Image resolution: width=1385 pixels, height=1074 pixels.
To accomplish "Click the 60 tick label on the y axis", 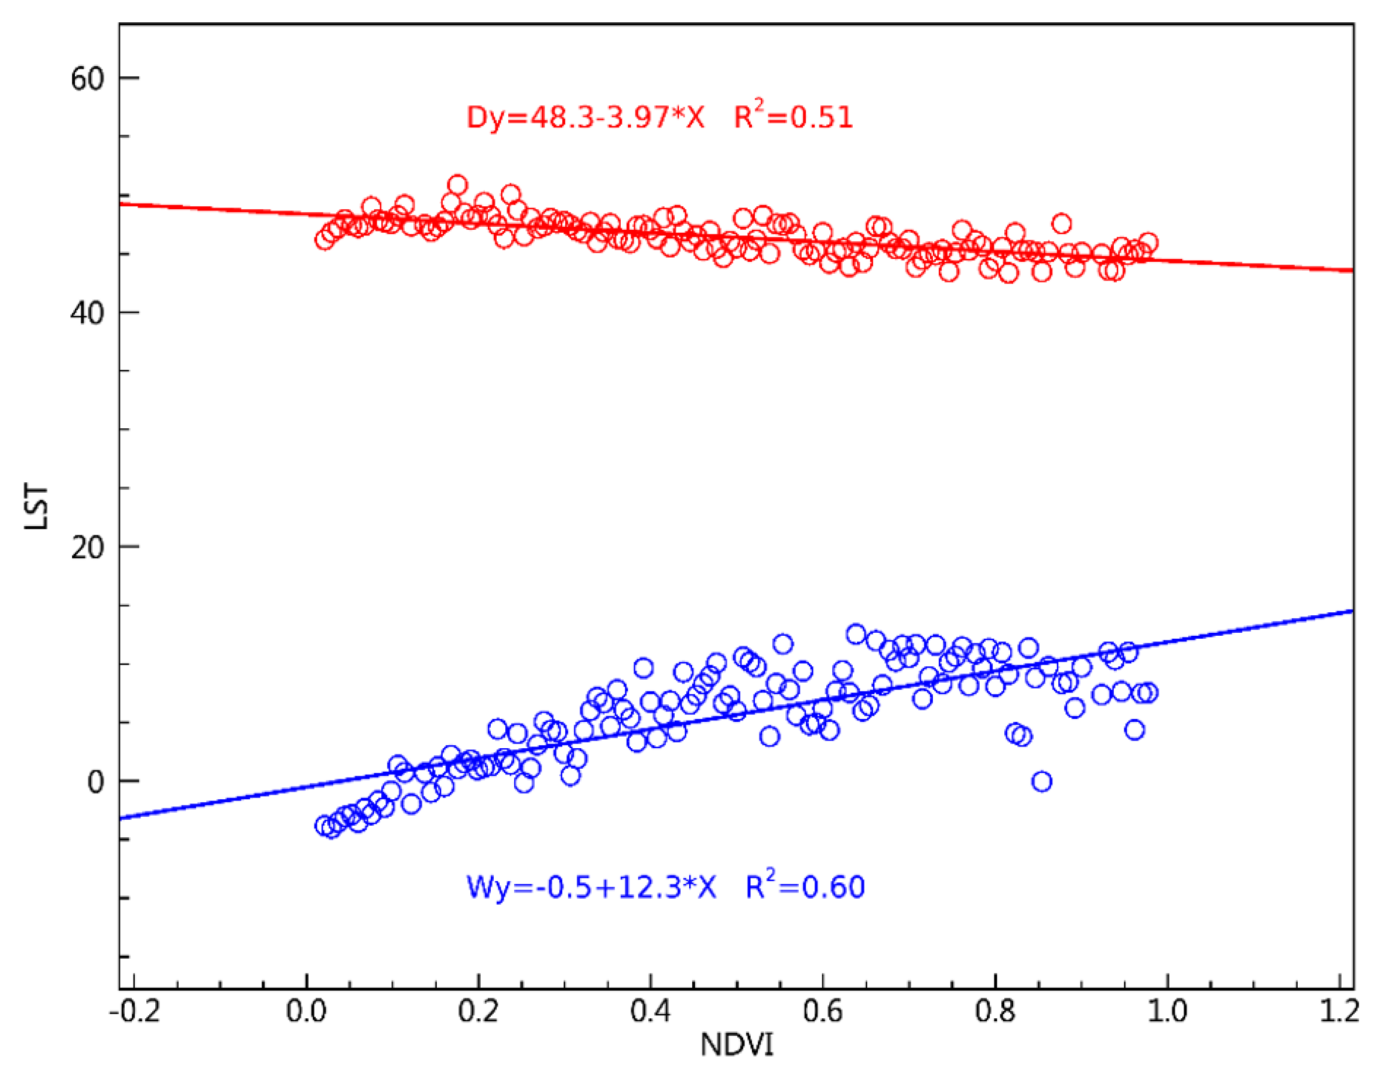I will click(x=87, y=79).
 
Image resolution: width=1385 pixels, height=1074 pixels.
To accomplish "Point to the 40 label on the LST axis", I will click(x=87, y=313).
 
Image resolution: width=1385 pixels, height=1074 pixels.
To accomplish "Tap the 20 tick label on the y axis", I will click(x=87, y=548).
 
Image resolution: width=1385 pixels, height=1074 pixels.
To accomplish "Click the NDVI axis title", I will click(x=737, y=1045).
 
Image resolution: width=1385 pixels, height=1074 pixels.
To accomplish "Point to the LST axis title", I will click(x=36, y=507).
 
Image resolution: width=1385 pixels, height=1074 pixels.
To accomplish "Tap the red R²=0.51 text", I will click(x=794, y=116).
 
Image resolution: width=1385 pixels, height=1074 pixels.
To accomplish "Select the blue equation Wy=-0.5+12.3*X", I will click(x=591, y=887).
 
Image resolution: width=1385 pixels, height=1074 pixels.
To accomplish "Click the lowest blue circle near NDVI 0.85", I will click(x=1042, y=782).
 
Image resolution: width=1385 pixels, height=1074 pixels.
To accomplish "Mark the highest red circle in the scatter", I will click(x=457, y=185).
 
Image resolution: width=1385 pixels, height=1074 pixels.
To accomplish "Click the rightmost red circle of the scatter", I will click(x=1148, y=243).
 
